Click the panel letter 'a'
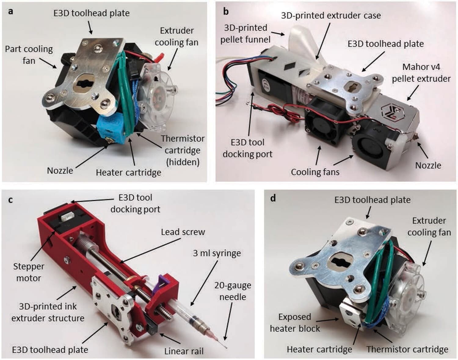11,12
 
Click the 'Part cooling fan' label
29,55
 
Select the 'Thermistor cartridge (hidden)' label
183,150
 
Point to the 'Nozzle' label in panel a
60,171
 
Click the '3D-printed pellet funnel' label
245,33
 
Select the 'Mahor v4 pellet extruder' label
421,73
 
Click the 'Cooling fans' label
315,172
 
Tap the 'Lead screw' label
183,232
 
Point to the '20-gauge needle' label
233,291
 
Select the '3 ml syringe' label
217,253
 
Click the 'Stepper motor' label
28,272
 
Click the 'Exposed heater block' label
295,322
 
